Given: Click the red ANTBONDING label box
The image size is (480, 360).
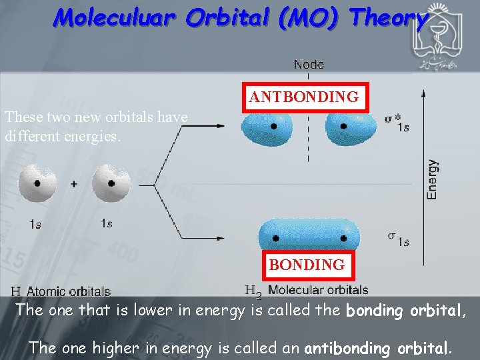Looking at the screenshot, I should click(303, 97).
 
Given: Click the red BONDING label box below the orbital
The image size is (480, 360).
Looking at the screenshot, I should click(307, 265).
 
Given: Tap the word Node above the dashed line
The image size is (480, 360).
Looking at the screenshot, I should click(309, 65).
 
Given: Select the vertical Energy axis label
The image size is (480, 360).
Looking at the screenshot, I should click(433, 179).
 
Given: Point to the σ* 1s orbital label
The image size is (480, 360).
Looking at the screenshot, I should click(397, 123).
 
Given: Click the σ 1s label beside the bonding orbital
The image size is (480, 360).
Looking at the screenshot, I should click(398, 239).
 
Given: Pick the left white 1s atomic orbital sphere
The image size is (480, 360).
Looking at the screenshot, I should click(37, 183).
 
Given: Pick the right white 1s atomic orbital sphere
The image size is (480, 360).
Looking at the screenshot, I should click(111, 183).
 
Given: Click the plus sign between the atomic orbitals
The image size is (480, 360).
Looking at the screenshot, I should click(74, 184).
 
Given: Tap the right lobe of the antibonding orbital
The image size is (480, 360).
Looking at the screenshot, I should click(349, 128).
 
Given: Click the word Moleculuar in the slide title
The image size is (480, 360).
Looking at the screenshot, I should click(114, 18).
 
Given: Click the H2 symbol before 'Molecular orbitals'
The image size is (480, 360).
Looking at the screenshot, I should click(253, 292).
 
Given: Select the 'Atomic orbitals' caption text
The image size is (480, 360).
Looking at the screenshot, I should click(69, 291).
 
